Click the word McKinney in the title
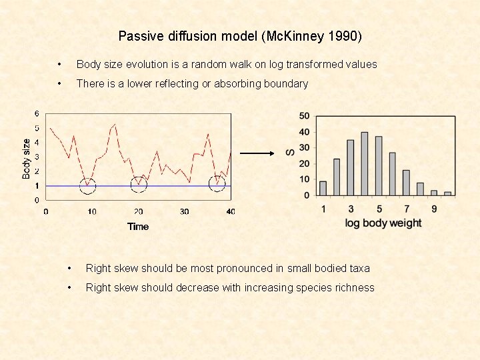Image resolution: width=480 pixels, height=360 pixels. click(x=301, y=36)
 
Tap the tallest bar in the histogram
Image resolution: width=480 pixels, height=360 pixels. click(x=365, y=163)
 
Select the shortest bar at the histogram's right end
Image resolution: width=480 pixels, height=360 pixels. click(x=448, y=193)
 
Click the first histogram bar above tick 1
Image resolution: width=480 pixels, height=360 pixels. click(x=323, y=188)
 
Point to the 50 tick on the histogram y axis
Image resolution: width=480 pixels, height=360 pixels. click(x=304, y=116)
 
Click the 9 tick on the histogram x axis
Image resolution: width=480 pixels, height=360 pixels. click(x=434, y=209)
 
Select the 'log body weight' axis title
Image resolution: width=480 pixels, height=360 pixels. click(x=383, y=223)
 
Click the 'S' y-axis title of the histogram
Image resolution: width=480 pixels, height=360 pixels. click(x=290, y=154)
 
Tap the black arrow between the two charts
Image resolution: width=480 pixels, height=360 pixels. click(x=257, y=153)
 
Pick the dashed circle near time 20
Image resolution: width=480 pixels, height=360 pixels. click(x=138, y=183)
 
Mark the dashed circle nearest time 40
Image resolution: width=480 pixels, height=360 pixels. click(x=217, y=183)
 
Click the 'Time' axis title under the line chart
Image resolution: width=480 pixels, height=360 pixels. click(x=138, y=227)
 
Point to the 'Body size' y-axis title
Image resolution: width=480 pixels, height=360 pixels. click(x=26, y=158)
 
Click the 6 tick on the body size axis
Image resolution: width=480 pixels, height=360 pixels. click(x=37, y=113)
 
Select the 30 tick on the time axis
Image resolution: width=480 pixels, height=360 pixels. click(x=185, y=211)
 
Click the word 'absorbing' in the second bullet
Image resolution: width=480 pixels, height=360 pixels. click(x=237, y=84)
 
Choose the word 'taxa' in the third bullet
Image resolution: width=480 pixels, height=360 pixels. click(x=357, y=269)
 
